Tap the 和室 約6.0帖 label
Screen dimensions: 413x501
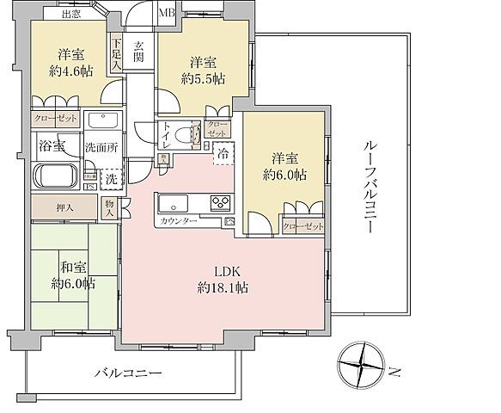(72, 274)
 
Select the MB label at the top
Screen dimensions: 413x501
(167, 13)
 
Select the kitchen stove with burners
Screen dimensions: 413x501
(217, 205)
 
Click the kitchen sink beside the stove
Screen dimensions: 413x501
(173, 205)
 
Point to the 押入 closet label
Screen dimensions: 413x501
(65, 207)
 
